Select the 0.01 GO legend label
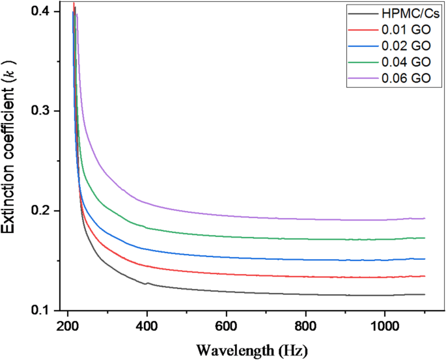point(404,29)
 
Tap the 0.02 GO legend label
point(404,46)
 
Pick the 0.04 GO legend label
point(404,63)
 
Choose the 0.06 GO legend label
point(404,79)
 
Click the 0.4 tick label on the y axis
point(42,12)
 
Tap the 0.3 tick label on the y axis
point(42,111)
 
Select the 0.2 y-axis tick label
point(42,211)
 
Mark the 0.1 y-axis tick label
point(42,311)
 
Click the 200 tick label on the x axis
point(68,325)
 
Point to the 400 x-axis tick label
point(147,325)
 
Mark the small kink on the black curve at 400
point(147,283)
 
